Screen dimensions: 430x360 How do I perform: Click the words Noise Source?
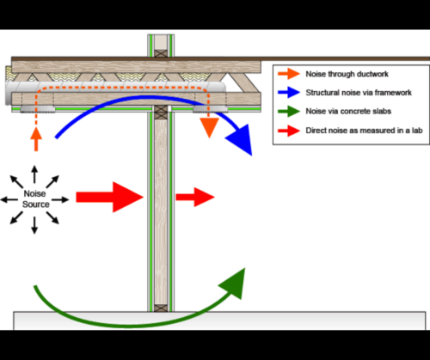point(35,198)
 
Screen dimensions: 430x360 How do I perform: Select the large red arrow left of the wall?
point(109,197)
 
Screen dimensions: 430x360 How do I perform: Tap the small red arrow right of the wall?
point(195,197)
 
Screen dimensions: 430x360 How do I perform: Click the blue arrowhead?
point(241,140)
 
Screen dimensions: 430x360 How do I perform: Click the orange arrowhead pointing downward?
point(209,128)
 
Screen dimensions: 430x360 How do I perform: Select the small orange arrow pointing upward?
point(36,139)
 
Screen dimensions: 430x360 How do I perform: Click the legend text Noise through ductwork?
point(347,74)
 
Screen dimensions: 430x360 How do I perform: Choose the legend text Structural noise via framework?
point(359,93)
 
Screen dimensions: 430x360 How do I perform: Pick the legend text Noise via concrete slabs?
point(348,111)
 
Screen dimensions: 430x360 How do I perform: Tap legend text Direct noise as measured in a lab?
point(364,131)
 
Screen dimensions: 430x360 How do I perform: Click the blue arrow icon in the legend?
point(289,93)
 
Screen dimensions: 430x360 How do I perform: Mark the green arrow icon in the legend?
point(289,111)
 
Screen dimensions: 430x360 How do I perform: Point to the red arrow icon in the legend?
point(289,131)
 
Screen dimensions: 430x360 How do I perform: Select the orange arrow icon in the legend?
point(289,74)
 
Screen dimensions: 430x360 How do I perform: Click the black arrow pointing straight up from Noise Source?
point(34,174)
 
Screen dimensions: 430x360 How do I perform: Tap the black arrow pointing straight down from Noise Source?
point(34,225)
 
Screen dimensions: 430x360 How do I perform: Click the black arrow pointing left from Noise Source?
point(9,199)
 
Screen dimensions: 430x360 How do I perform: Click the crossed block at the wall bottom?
point(161,308)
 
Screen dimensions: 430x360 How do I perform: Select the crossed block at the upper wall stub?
point(161,53)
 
